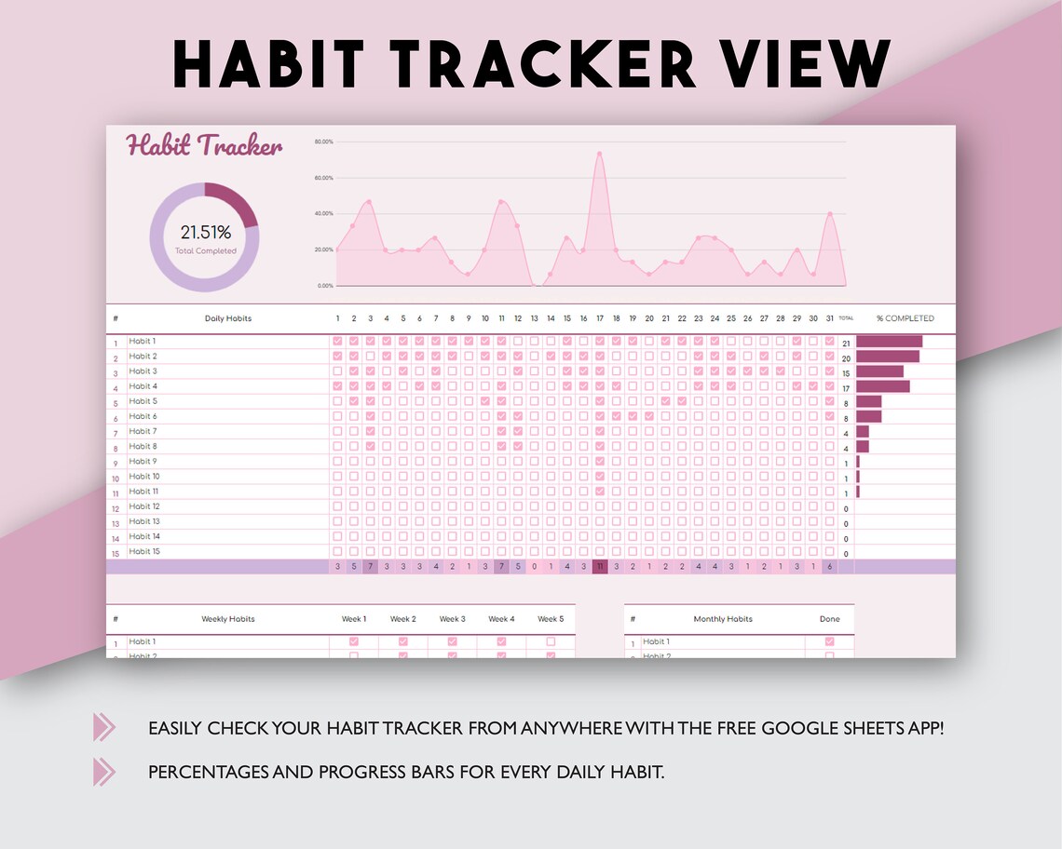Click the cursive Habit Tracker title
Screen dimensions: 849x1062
[204, 146]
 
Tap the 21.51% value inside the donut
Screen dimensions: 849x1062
[205, 232]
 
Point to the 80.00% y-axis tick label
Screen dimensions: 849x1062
[323, 142]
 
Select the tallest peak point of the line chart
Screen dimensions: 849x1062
[599, 154]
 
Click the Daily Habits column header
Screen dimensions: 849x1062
[228, 318]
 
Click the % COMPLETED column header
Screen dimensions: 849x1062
[905, 318]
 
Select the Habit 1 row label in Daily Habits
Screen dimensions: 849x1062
[143, 342]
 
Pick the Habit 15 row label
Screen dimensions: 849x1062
[144, 552]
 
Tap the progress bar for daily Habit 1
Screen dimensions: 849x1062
[889, 342]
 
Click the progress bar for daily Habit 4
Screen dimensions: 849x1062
[882, 386]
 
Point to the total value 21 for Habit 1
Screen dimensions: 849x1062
[846, 344]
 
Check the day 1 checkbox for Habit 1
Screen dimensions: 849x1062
[337, 342]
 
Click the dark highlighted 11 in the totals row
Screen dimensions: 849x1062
[600, 567]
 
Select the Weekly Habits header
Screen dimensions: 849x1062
[228, 619]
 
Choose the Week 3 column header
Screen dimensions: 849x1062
[452, 619]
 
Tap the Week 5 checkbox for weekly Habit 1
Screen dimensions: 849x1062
[551, 641]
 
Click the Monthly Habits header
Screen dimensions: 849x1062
[723, 619]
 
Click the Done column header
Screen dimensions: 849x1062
[829, 619]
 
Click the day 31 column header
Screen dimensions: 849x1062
[829, 318]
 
